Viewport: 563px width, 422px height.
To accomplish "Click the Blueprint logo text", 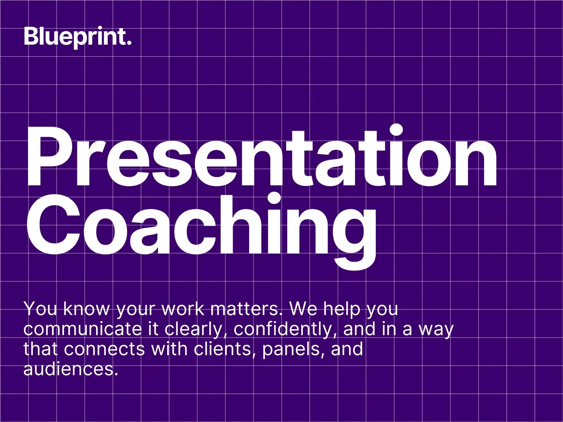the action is tap(78, 37).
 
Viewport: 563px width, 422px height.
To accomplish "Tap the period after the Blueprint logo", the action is tap(129, 43).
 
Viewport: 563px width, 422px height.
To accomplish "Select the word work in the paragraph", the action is tap(183, 309).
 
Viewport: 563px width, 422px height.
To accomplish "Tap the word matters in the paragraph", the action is tap(246, 309).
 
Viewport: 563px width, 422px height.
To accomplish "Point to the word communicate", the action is tap(82, 329).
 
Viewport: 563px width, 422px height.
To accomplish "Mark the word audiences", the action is tap(71, 369).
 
